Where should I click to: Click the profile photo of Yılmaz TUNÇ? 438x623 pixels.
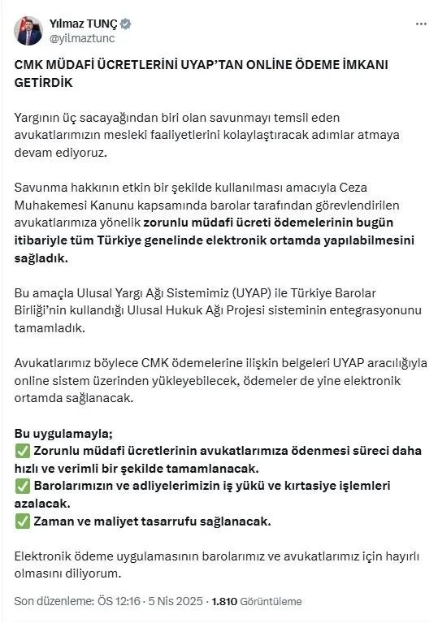(28, 30)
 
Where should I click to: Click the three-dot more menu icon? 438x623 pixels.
(420, 24)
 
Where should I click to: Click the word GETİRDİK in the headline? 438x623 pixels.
(45, 84)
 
